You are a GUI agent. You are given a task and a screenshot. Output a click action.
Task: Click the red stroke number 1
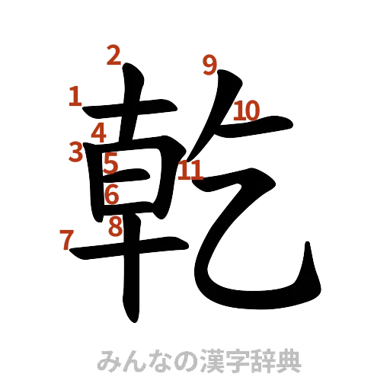pos(75,96)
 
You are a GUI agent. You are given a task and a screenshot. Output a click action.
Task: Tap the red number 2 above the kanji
pos(113,55)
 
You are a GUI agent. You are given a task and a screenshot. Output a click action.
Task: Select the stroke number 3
pos(75,153)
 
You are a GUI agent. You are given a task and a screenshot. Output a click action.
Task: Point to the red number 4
pos(99,133)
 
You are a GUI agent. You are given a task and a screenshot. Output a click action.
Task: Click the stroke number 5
pos(111,162)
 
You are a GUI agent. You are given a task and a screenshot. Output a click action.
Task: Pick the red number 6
pos(112,194)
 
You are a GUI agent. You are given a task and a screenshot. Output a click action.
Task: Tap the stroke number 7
pos(66,240)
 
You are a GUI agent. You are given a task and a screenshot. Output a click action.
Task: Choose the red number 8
pos(114,226)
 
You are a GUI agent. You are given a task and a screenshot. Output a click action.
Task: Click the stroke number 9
pos(210,66)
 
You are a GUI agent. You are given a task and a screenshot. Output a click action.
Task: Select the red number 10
pos(247,111)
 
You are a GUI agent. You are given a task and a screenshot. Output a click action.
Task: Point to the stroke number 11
pos(190,171)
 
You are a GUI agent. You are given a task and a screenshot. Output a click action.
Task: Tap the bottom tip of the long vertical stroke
pos(132,316)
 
